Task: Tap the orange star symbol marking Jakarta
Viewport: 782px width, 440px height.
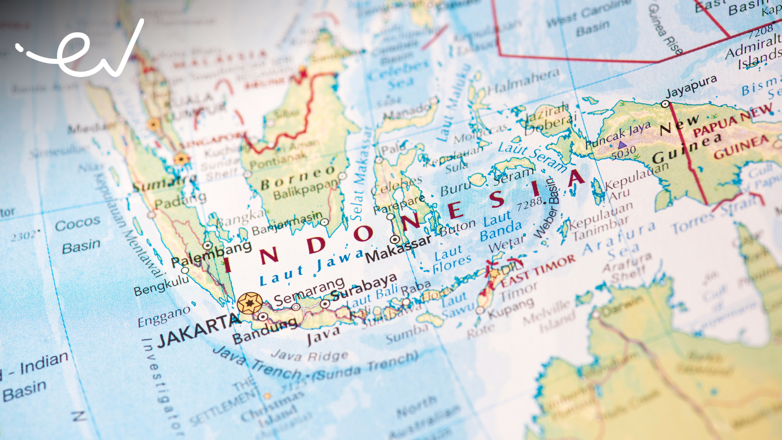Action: pyautogui.click(x=250, y=304)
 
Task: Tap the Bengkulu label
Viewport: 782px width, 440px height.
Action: pyautogui.click(x=161, y=285)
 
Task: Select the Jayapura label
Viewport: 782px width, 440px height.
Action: pyautogui.click(x=691, y=86)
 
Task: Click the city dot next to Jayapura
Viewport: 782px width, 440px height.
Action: pyautogui.click(x=665, y=104)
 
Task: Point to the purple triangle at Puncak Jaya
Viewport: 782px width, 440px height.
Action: pyautogui.click(x=622, y=144)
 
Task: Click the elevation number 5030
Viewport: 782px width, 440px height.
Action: pyautogui.click(x=623, y=154)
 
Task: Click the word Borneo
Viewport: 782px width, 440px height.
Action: pyautogui.click(x=298, y=178)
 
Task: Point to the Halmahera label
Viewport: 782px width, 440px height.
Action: pyautogui.click(x=523, y=81)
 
